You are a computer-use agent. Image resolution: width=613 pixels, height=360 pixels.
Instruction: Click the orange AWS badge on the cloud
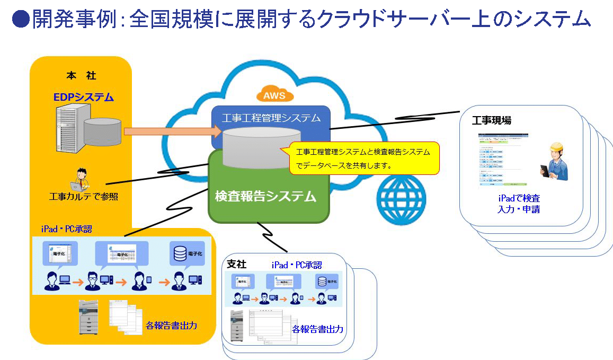(274, 95)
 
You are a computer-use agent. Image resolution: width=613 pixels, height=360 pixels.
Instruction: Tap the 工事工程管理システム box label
(271, 117)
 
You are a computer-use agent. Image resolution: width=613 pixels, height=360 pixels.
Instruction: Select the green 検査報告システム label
(265, 197)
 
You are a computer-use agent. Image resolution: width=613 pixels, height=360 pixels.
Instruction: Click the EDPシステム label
(84, 97)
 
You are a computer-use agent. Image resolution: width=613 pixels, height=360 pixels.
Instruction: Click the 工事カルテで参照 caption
(84, 197)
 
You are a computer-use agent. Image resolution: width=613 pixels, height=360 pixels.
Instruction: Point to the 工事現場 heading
(492, 120)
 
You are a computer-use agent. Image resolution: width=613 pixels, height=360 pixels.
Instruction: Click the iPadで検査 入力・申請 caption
(519, 203)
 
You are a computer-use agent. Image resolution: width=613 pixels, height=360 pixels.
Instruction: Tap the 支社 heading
(236, 264)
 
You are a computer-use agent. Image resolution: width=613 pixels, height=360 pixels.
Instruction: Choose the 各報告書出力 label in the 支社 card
(317, 329)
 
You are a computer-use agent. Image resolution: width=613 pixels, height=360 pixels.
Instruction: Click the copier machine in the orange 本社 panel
(88, 317)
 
